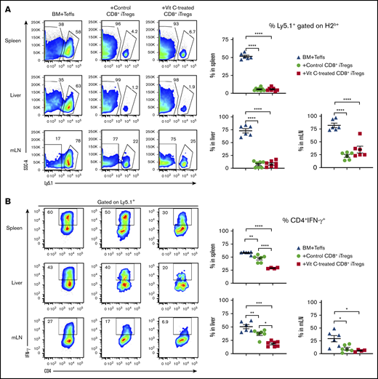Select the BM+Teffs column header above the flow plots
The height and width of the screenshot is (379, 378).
pos(55,12)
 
